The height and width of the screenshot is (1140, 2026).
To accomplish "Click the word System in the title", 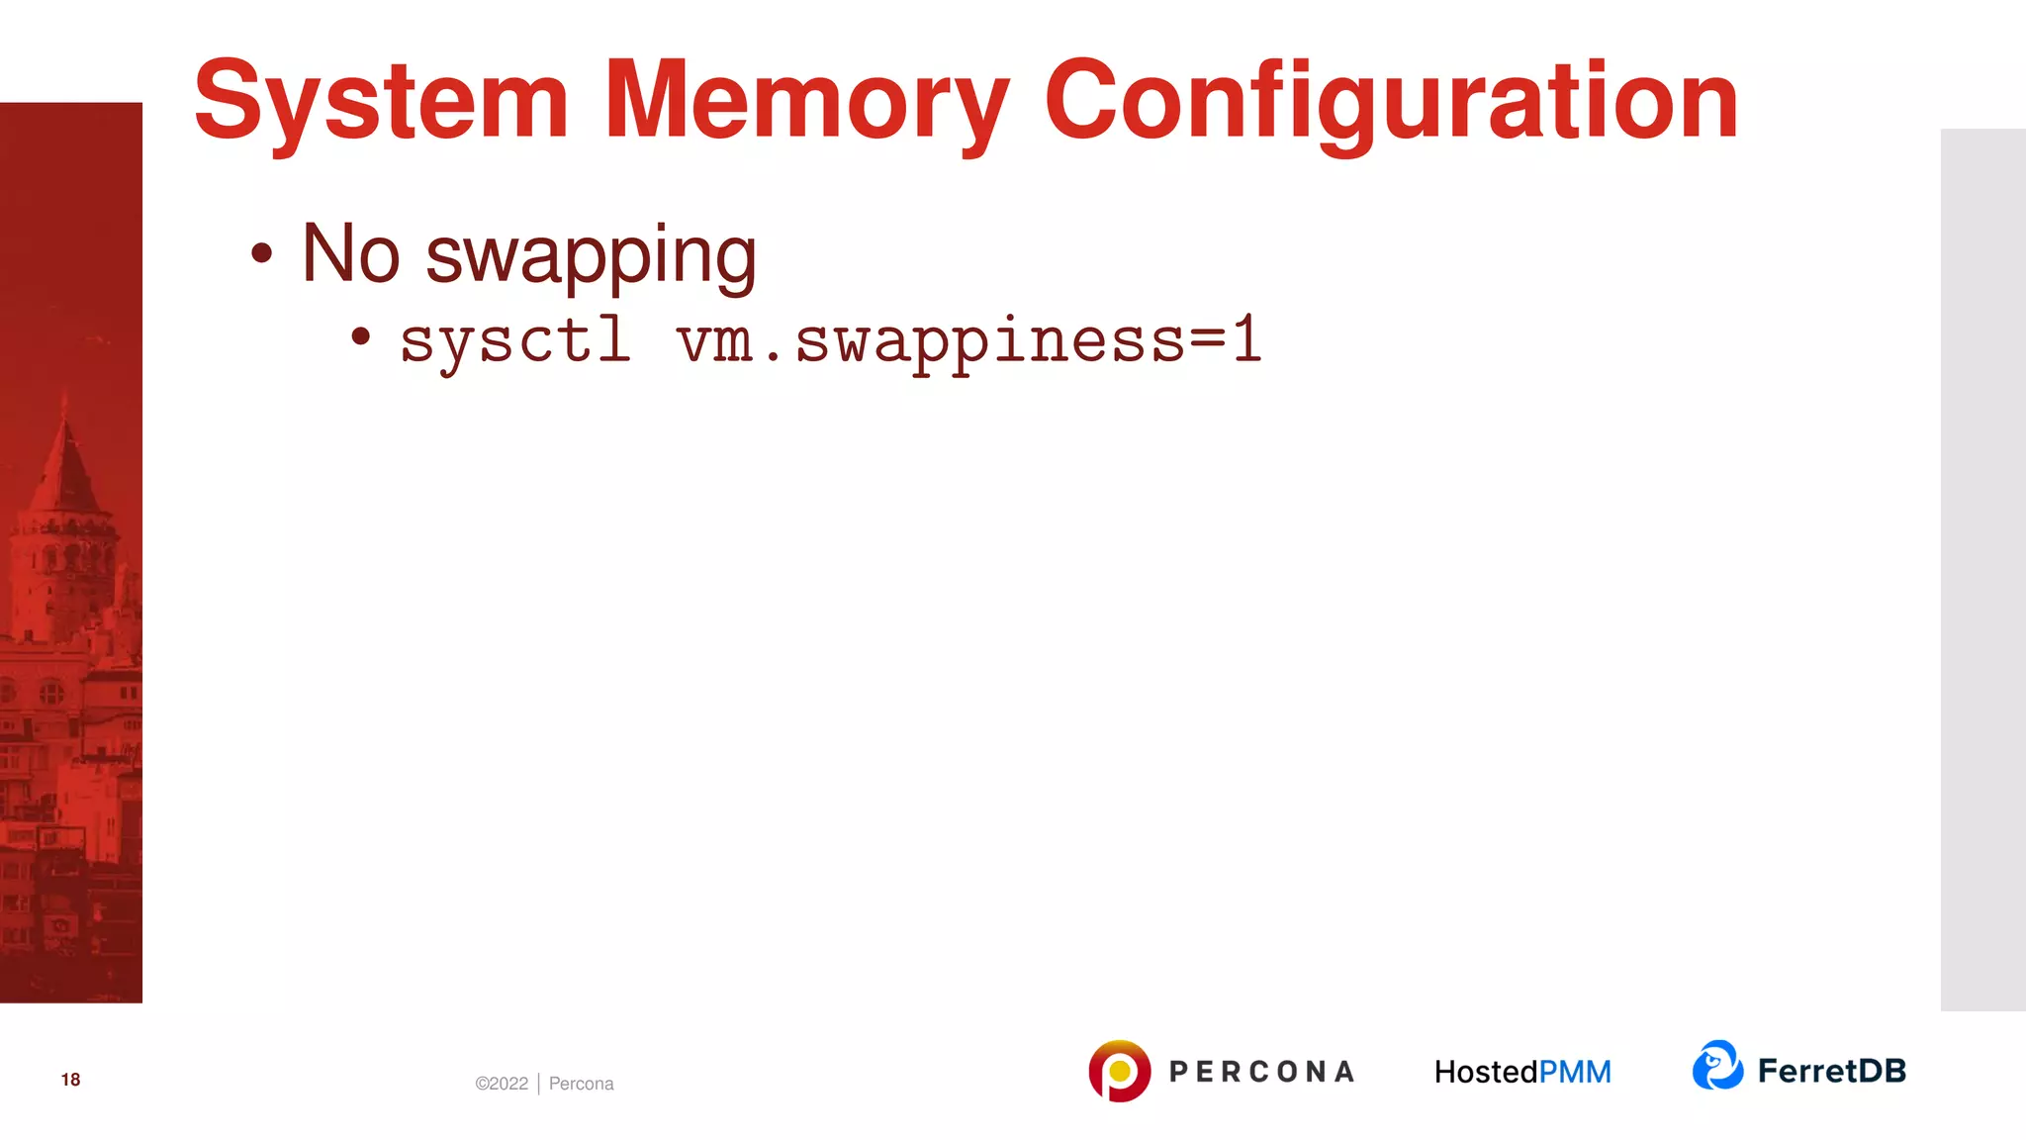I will (381, 101).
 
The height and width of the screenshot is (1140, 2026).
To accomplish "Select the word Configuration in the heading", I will (1390, 101).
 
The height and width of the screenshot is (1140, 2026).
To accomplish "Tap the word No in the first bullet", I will (350, 253).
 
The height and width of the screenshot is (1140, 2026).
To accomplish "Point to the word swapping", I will (591, 255).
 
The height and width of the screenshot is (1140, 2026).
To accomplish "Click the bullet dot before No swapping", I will (261, 253).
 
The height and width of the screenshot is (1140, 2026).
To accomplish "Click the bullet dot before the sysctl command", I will (361, 337).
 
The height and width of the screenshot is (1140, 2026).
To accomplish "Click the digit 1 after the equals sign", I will (1246, 339).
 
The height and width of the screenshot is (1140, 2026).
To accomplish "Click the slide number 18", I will (70, 1080).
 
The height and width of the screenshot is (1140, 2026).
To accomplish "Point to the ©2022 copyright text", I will (502, 1084).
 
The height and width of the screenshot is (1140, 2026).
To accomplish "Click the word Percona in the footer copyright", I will (581, 1084).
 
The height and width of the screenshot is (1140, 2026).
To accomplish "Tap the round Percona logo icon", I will (1119, 1071).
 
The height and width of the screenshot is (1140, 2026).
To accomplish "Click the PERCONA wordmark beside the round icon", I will (1261, 1072).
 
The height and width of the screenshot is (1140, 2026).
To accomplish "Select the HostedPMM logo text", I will (1522, 1072).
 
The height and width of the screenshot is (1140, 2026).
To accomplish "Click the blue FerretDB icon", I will (1717, 1066).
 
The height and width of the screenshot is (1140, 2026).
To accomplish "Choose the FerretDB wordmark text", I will (1831, 1071).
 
